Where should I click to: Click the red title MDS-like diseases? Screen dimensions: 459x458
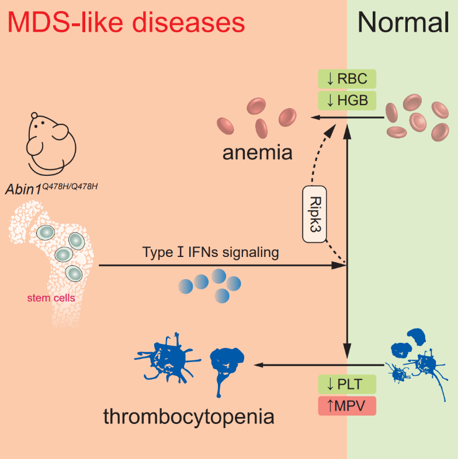pyautogui.click(x=126, y=23)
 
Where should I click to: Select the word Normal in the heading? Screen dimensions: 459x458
pyautogui.click(x=403, y=23)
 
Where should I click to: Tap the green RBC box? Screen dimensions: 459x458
pyautogui.click(x=346, y=79)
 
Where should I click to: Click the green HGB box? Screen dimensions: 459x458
pyautogui.click(x=346, y=100)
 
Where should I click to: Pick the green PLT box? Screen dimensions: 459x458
pyautogui.click(x=346, y=385)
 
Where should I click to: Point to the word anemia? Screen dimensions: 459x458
pyautogui.click(x=257, y=153)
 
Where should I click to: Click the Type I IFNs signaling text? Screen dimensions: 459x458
pyautogui.click(x=211, y=253)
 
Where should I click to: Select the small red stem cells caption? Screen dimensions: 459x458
pyautogui.click(x=51, y=298)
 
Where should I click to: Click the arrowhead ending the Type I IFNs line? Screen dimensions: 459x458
pyautogui.click(x=341, y=266)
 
